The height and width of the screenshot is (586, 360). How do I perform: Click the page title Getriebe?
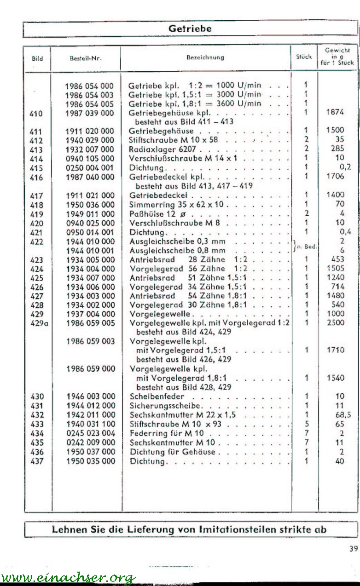[190, 29]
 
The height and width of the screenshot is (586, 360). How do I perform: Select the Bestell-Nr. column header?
[85, 58]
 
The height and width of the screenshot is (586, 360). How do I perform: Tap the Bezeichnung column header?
[205, 58]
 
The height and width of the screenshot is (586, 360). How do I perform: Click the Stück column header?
[304, 57]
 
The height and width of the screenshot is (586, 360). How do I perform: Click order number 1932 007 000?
[90, 149]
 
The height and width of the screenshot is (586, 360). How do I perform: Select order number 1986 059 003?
[90, 341]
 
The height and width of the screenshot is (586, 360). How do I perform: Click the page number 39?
[353, 548]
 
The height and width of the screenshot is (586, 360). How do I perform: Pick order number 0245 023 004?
[90, 433]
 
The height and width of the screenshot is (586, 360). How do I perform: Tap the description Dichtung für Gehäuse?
[173, 452]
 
